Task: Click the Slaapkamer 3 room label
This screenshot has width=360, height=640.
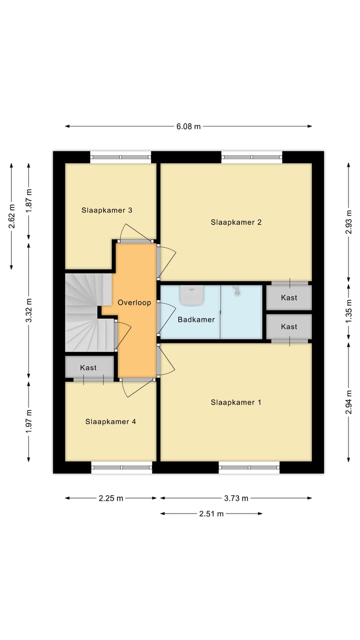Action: pyautogui.click(x=106, y=210)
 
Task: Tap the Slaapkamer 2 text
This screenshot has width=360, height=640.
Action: pyautogui.click(x=236, y=222)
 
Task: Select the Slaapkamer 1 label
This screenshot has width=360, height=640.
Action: pyautogui.click(x=236, y=402)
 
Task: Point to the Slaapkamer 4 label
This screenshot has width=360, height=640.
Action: pyautogui.click(x=110, y=421)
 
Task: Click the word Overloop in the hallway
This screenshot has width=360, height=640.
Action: pyautogui.click(x=134, y=302)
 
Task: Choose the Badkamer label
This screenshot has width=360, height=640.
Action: pyautogui.click(x=196, y=319)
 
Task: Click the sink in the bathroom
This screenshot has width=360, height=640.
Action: pyautogui.click(x=191, y=295)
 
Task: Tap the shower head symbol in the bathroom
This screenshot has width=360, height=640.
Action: pyautogui.click(x=236, y=289)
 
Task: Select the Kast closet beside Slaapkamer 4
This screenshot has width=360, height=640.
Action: pyautogui.click(x=88, y=367)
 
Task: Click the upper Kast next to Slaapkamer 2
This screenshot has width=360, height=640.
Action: pyautogui.click(x=289, y=297)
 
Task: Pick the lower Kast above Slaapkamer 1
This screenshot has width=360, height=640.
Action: pyautogui.click(x=289, y=326)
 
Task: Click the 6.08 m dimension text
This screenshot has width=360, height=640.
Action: pyautogui.click(x=188, y=126)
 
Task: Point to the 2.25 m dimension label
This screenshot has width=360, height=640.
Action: pyautogui.click(x=110, y=498)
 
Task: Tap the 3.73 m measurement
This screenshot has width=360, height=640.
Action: pyautogui.click(x=236, y=498)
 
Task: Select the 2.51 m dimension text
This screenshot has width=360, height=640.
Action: pyautogui.click(x=211, y=513)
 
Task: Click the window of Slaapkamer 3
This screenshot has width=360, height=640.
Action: pyautogui.click(x=120, y=157)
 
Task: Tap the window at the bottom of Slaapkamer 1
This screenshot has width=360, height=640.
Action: pyautogui.click(x=249, y=467)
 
